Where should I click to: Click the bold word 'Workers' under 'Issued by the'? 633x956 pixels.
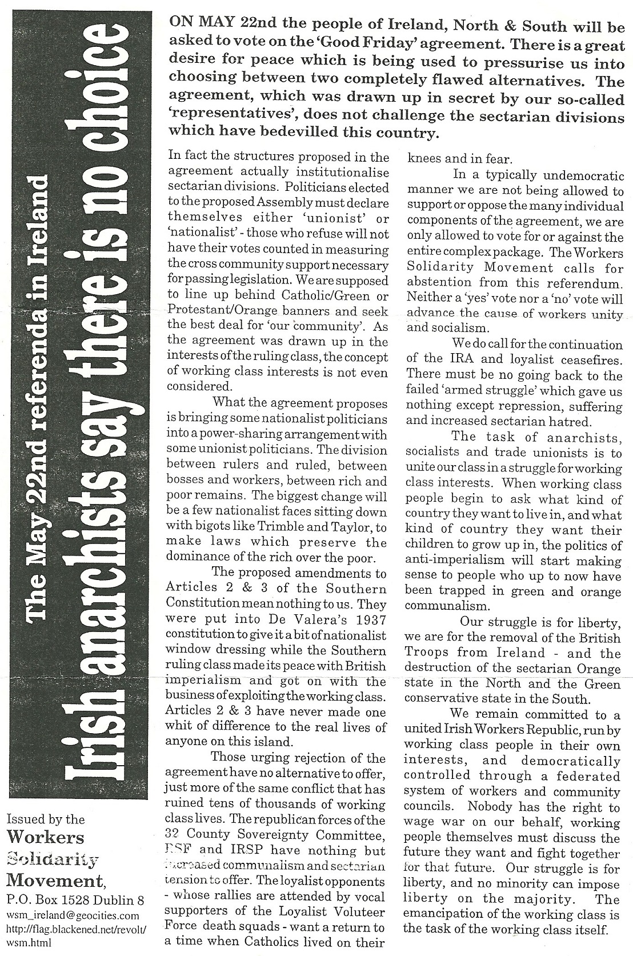point(45,838)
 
